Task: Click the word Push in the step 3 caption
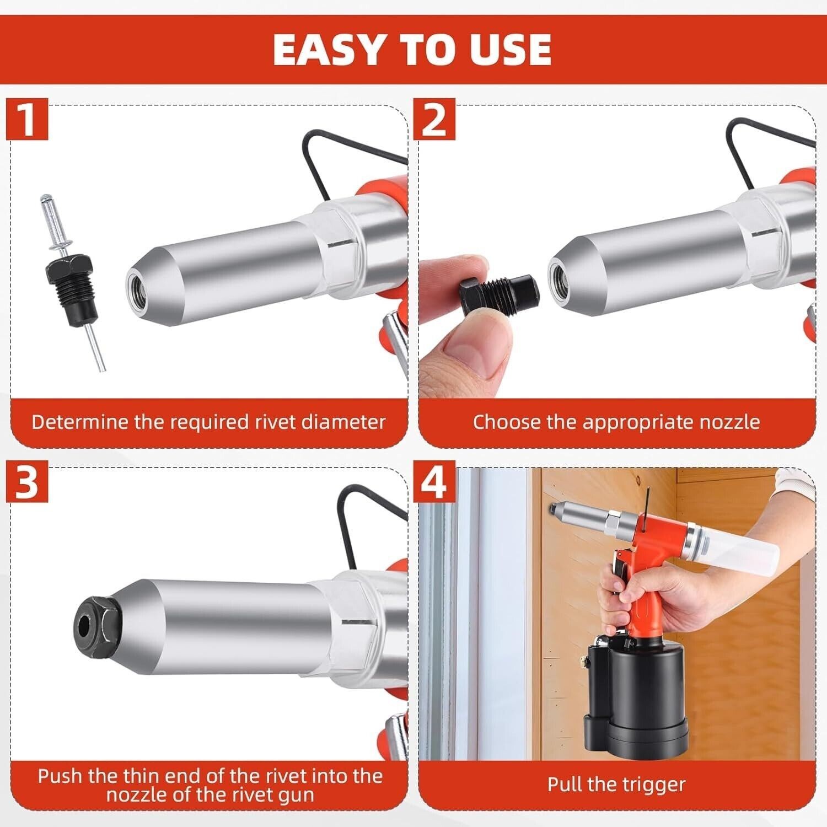click(60, 776)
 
